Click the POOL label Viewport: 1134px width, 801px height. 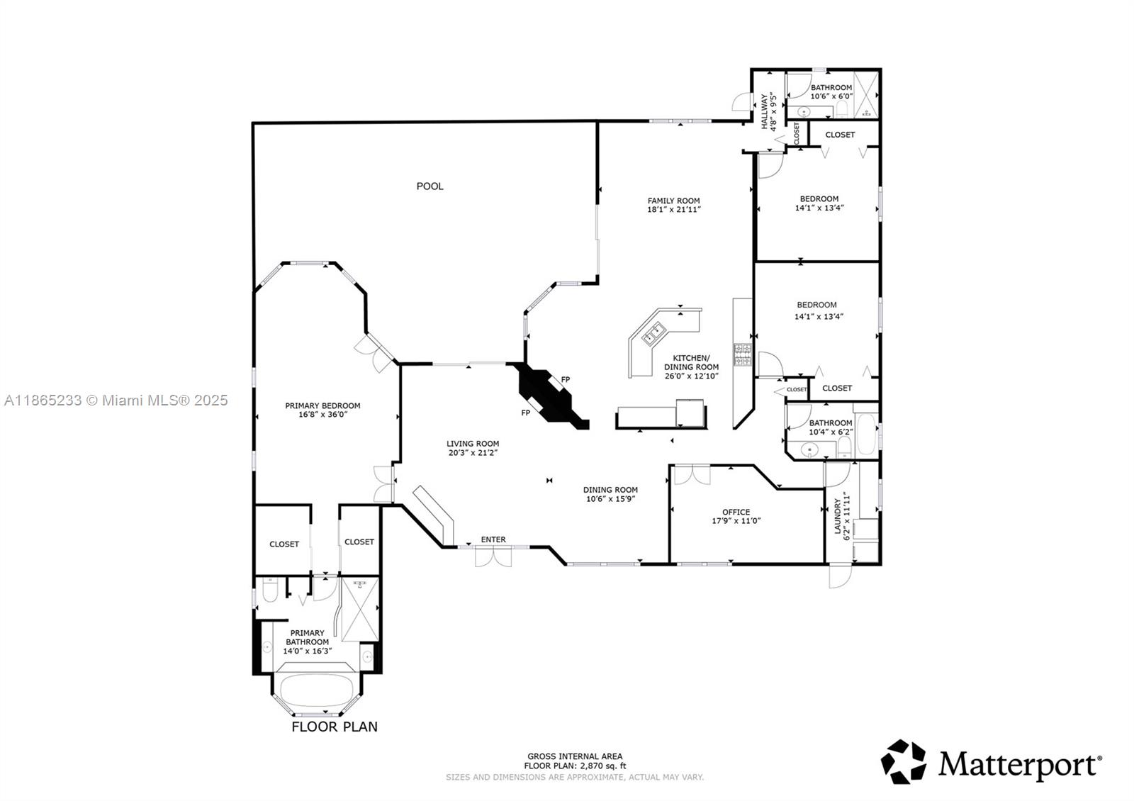click(430, 186)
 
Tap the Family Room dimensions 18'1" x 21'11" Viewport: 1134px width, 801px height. click(673, 210)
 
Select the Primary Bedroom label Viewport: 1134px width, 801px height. click(322, 406)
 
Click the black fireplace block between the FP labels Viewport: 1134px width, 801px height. click(549, 396)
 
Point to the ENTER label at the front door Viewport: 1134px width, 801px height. click(493, 539)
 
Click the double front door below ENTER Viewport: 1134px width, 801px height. click(493, 557)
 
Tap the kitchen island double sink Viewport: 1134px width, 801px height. click(653, 334)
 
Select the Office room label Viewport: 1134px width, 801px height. click(736, 512)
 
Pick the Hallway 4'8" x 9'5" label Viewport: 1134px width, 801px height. click(769, 111)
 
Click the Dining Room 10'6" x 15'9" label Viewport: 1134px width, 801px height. click(610, 494)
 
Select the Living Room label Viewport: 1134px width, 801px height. click(473, 444)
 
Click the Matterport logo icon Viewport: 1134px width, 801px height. click(904, 762)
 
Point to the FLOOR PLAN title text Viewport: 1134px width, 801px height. click(335, 727)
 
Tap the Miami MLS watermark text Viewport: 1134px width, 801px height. click(116, 400)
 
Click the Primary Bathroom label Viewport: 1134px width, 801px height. click(308, 637)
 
